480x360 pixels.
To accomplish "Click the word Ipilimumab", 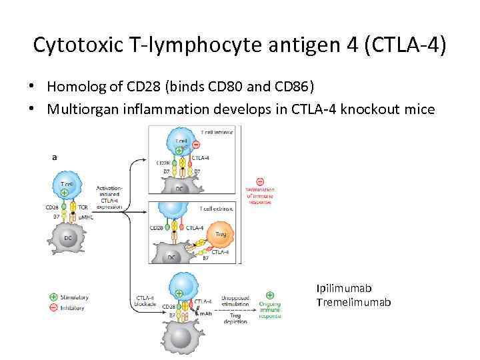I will [x=344, y=289].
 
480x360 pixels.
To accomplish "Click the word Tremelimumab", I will [x=353, y=303].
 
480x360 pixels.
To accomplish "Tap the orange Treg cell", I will [x=219, y=234].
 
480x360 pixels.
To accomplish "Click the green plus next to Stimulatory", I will [x=53, y=297].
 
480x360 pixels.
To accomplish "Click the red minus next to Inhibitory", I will [x=53, y=307].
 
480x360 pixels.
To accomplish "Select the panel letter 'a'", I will [x=53, y=157].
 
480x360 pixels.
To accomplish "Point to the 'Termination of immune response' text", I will [x=260, y=196].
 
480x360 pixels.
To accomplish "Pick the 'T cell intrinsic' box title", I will [x=214, y=132].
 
